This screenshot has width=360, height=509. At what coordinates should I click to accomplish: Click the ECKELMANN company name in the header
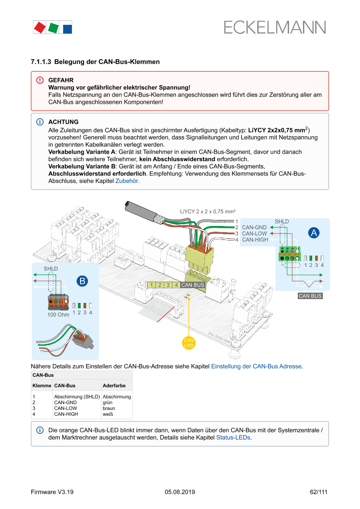point(275,27)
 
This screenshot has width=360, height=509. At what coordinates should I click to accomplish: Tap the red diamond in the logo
point(40,28)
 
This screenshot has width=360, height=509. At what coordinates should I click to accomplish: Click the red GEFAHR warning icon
point(40,81)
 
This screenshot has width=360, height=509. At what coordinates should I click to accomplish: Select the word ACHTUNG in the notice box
point(64,122)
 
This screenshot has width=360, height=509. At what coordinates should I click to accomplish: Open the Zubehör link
point(127,181)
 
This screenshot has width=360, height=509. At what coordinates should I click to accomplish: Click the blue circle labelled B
point(82,281)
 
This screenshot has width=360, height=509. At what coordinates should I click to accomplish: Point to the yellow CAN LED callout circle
point(188,343)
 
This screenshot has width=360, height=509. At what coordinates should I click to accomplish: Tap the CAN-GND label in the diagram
point(254,227)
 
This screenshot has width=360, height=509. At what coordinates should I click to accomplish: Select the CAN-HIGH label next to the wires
point(255,239)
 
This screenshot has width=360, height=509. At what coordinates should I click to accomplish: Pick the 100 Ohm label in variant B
point(58,314)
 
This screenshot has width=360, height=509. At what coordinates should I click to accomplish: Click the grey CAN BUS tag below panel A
point(310,296)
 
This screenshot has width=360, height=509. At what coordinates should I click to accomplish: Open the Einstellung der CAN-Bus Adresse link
point(256,366)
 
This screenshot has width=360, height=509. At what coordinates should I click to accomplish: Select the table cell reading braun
point(109,408)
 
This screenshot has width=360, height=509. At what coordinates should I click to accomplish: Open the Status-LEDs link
point(233,438)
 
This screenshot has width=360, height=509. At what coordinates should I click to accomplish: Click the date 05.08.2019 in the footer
point(180,492)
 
